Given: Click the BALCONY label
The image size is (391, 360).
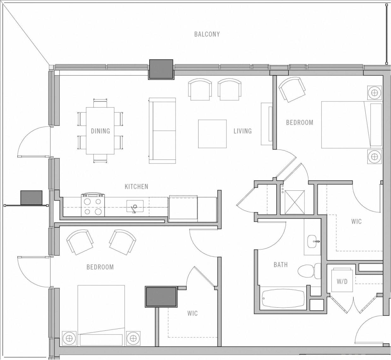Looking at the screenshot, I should pos(207,34).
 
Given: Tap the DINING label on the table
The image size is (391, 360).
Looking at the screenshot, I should pos(100,131).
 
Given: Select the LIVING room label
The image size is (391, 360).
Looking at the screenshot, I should pos(242,131).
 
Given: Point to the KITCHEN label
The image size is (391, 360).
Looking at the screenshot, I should pos(136,187).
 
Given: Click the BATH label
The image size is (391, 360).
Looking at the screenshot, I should pos(280,265).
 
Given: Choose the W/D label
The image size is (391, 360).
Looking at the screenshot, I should pos(342,282).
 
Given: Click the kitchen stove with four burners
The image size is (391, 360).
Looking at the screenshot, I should pos(93,205).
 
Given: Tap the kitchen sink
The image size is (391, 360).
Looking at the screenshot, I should pos(135,207).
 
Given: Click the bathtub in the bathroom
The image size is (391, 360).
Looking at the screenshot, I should pos(283,298).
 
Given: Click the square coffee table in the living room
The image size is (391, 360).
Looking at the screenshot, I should pos(212,134).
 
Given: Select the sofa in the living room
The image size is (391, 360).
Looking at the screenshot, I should pos(162,131).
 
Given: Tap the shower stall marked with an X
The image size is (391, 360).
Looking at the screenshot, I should pos(295,202).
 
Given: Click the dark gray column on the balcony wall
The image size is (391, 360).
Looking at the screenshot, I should pos(161,69).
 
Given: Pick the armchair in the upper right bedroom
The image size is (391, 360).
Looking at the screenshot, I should pos(292,89).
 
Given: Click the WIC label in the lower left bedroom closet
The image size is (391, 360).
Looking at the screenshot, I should pos(192,313).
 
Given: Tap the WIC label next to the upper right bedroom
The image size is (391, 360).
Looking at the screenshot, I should pos(356,221).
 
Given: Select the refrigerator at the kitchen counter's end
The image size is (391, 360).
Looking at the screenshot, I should pos(183,208).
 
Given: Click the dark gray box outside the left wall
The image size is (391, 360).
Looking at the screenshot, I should pos(31,198).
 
